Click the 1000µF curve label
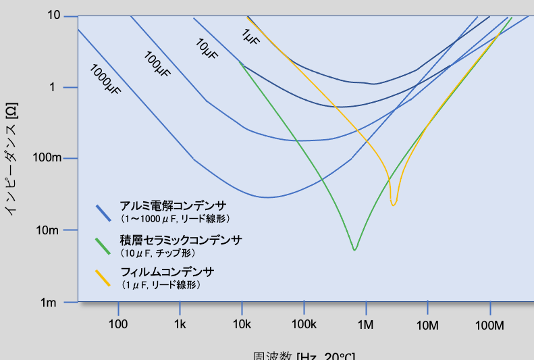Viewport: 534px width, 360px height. pyautogui.click(x=105, y=79)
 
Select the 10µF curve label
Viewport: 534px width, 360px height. pyautogui.click(x=207, y=49)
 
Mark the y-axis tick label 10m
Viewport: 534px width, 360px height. pyautogui.click(x=50, y=230)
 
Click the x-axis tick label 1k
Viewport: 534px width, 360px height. pyautogui.click(x=180, y=326)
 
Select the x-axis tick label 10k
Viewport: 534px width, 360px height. pyautogui.click(x=242, y=326)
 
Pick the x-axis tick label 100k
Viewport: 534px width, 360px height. pyautogui.click(x=304, y=326)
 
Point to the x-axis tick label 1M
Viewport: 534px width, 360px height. pyautogui.click(x=366, y=326)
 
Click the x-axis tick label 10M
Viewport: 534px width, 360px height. pyautogui.click(x=428, y=326)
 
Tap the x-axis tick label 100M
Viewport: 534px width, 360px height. pyautogui.click(x=490, y=326)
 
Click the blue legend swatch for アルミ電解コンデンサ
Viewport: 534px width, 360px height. pyautogui.click(x=103, y=213)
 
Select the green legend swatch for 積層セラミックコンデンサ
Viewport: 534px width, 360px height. pyautogui.click(x=103, y=245)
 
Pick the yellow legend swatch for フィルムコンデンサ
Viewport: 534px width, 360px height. pyautogui.click(x=103, y=277)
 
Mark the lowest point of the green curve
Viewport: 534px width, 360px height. pyautogui.click(x=354, y=250)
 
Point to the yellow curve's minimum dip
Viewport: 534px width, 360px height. pyautogui.click(x=394, y=204)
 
